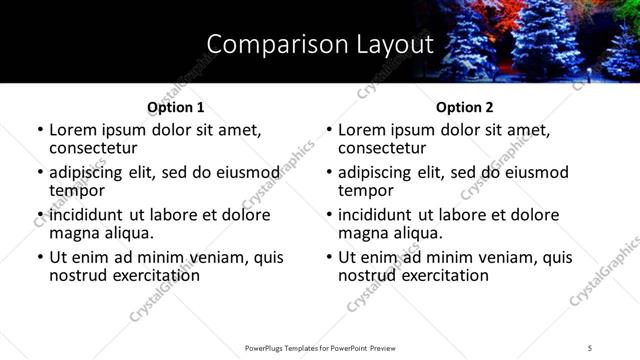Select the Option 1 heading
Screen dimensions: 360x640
click(x=176, y=107)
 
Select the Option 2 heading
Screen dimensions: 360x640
click(x=465, y=107)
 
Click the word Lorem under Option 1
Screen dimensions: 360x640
click(x=72, y=130)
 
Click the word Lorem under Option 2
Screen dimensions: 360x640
click(x=361, y=130)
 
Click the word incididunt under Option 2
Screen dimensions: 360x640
click(x=378, y=215)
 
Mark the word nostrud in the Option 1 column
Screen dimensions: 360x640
click(x=77, y=275)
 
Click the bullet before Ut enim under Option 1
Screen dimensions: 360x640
click(x=40, y=258)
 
